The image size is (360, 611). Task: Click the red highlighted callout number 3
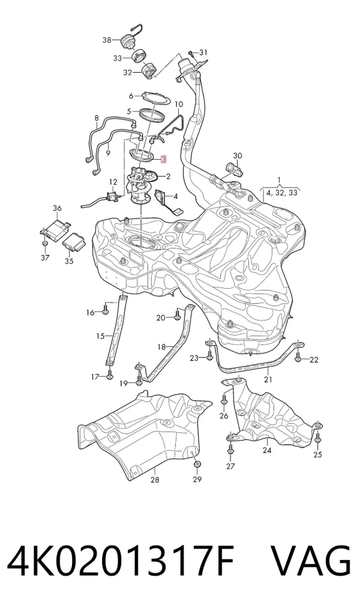pyautogui.click(x=164, y=159)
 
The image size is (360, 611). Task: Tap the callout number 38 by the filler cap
pyautogui.click(x=107, y=40)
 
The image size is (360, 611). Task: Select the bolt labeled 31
pyautogui.click(x=191, y=53)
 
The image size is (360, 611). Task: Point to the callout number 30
pyautogui.click(x=237, y=156)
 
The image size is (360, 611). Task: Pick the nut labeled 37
pyautogui.click(x=45, y=244)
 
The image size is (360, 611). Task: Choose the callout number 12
pyautogui.click(x=113, y=182)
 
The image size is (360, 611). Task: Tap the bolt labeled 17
pyautogui.click(x=109, y=375)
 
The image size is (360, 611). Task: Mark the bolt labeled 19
pyautogui.click(x=139, y=381)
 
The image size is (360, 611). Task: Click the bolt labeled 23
pyautogui.click(x=209, y=355)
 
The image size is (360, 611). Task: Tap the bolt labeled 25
pyautogui.click(x=317, y=438)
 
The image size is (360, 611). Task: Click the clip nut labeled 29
pyautogui.click(x=197, y=464)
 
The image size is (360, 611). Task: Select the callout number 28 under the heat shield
pyautogui.click(x=155, y=480)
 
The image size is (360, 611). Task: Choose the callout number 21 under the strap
pyautogui.click(x=268, y=379)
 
